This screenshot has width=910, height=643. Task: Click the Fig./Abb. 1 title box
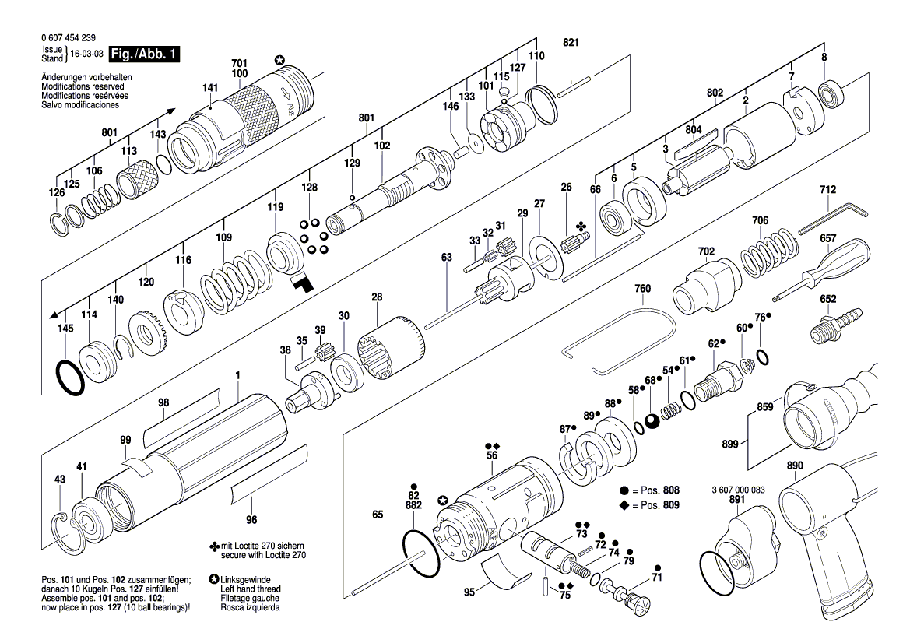point(144,54)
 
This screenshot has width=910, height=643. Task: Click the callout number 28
point(377,297)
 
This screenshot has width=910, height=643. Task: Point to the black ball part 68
point(652,421)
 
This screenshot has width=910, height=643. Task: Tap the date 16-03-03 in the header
point(86,54)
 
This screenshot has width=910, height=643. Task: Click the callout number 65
point(378,515)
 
